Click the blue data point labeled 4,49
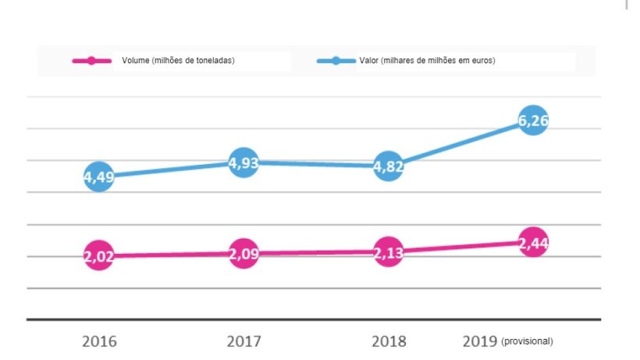pyautogui.click(x=99, y=176)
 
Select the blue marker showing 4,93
pyautogui.click(x=244, y=162)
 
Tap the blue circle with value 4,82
pyautogui.click(x=388, y=166)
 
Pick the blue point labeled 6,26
pyautogui.click(x=532, y=121)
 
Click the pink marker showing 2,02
pyautogui.click(x=99, y=256)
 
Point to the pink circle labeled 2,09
pyautogui.click(x=244, y=253)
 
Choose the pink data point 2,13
pyautogui.click(x=388, y=251)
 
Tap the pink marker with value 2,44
pyautogui.click(x=532, y=242)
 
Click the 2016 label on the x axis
pyautogui.click(x=99, y=341)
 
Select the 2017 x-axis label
pyautogui.click(x=244, y=341)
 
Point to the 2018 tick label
pyautogui.click(x=388, y=341)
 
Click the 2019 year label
pyautogui.click(x=479, y=341)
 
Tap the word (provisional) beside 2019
pyautogui.click(x=527, y=342)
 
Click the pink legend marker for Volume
pyautogui.click(x=92, y=61)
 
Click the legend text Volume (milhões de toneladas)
pyautogui.click(x=178, y=61)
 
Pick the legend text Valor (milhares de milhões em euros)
pyautogui.click(x=428, y=61)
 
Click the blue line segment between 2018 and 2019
pyautogui.click(x=460, y=144)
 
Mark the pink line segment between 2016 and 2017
pyautogui.click(x=172, y=255)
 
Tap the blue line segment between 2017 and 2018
pyautogui.click(x=316, y=164)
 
